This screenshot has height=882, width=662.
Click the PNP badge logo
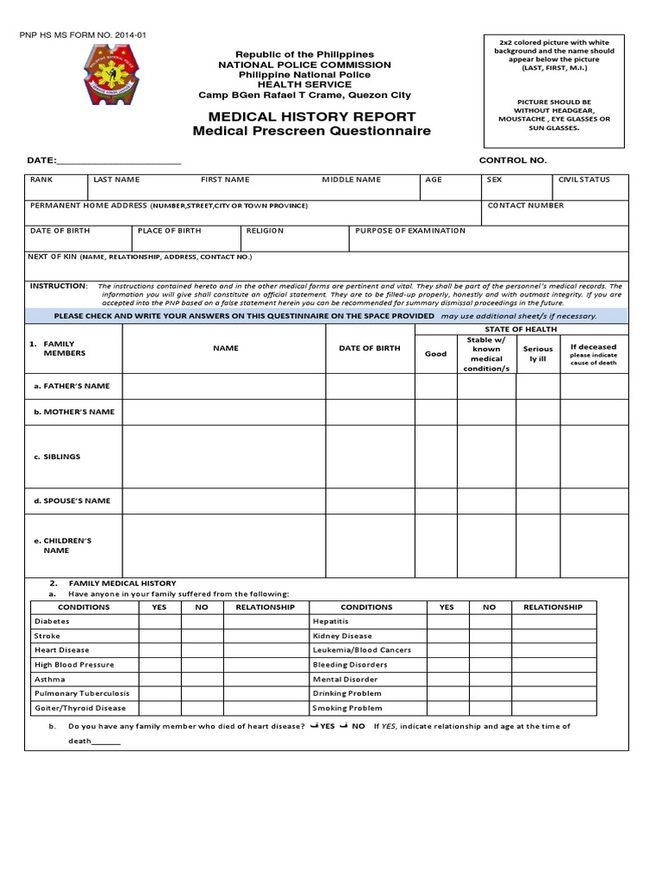pyautogui.click(x=112, y=75)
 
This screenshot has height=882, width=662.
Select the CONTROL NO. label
pyautogui.click(x=513, y=160)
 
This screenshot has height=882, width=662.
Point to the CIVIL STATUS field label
pyautogui.click(x=584, y=180)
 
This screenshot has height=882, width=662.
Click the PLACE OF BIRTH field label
pyautogui.click(x=169, y=231)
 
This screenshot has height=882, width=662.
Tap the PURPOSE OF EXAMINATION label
pyautogui.click(x=410, y=231)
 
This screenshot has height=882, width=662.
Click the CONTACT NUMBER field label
pyautogui.click(x=526, y=206)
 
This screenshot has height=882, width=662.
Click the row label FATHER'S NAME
pyautogui.click(x=72, y=386)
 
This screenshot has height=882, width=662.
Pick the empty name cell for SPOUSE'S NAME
pyautogui.click(x=226, y=500)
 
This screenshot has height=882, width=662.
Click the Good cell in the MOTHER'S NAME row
pyautogui.click(x=435, y=412)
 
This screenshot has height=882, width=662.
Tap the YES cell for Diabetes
pyautogui.click(x=159, y=621)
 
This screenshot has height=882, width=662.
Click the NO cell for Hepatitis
pyautogui.click(x=489, y=621)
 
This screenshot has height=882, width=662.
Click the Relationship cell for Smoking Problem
pyautogui.click(x=553, y=708)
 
